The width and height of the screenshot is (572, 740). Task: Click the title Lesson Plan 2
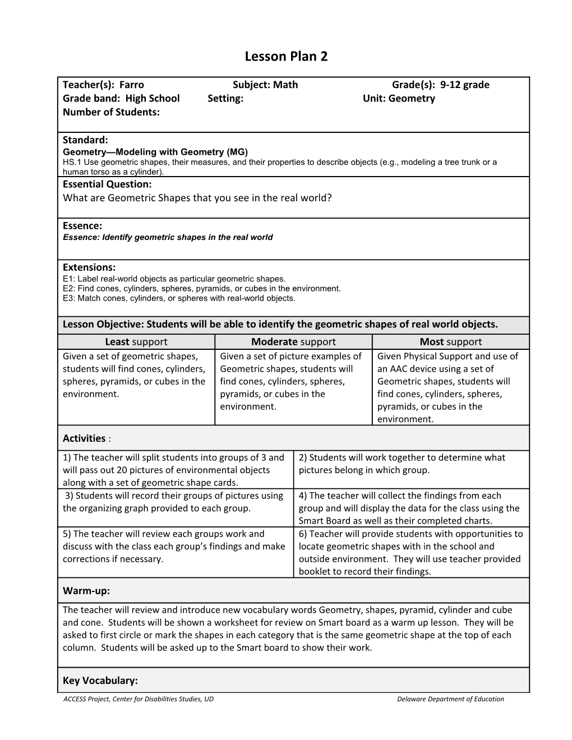(x=286, y=57)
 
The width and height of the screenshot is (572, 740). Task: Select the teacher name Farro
(x=132, y=85)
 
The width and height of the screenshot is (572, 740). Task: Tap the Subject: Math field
(x=265, y=85)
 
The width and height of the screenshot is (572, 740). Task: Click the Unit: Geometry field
(x=399, y=98)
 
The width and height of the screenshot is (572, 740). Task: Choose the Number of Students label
(x=111, y=112)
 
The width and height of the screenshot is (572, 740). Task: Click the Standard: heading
(x=85, y=140)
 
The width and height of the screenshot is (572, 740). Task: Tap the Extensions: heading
(x=89, y=267)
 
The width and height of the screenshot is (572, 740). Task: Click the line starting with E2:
(x=202, y=288)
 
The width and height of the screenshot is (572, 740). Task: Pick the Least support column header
(x=136, y=341)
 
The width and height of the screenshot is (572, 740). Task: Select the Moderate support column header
(x=293, y=341)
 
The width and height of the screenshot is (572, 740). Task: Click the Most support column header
(x=450, y=341)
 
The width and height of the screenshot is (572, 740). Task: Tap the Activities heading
(x=84, y=438)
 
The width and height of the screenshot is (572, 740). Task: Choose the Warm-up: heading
(x=86, y=590)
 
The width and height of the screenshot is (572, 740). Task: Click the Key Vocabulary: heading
(x=100, y=680)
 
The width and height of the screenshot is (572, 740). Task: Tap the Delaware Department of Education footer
(x=450, y=699)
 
